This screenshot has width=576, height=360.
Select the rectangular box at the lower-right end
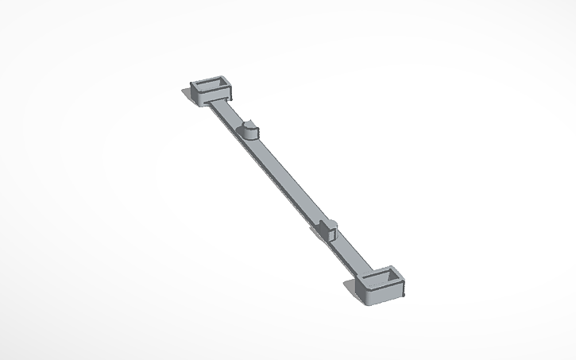[381, 286]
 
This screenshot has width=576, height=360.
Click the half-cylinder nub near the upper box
[249, 129]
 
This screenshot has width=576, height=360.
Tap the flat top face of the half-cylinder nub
[249, 125]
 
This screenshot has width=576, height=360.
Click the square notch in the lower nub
[323, 233]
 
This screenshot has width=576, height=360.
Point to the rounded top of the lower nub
[331, 224]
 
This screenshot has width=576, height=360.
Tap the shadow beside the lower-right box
[354, 288]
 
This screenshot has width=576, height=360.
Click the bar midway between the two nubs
[288, 179]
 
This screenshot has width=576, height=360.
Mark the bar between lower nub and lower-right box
[350, 254]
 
